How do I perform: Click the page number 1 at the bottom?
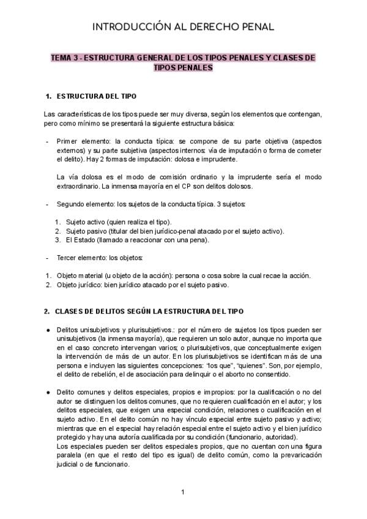[183, 491]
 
